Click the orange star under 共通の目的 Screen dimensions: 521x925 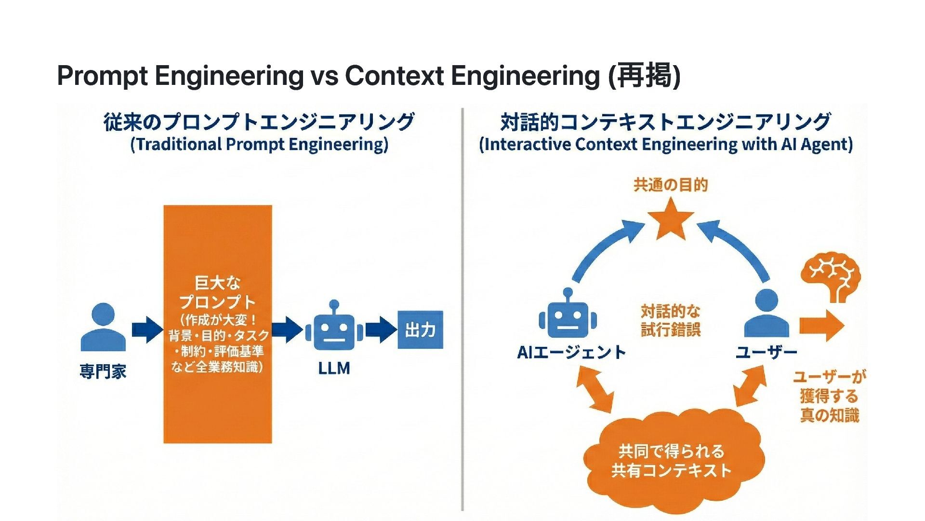670,219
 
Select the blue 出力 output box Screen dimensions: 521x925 420,330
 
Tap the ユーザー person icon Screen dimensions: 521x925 766,314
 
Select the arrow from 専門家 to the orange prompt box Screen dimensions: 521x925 147,330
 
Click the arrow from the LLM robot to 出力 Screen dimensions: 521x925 381,330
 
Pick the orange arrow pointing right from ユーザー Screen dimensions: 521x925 821,325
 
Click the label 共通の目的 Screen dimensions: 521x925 670,185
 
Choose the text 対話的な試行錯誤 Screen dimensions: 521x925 670,320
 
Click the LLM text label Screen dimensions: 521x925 334,369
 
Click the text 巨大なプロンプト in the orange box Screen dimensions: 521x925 217,292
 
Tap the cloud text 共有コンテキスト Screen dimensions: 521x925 671,470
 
